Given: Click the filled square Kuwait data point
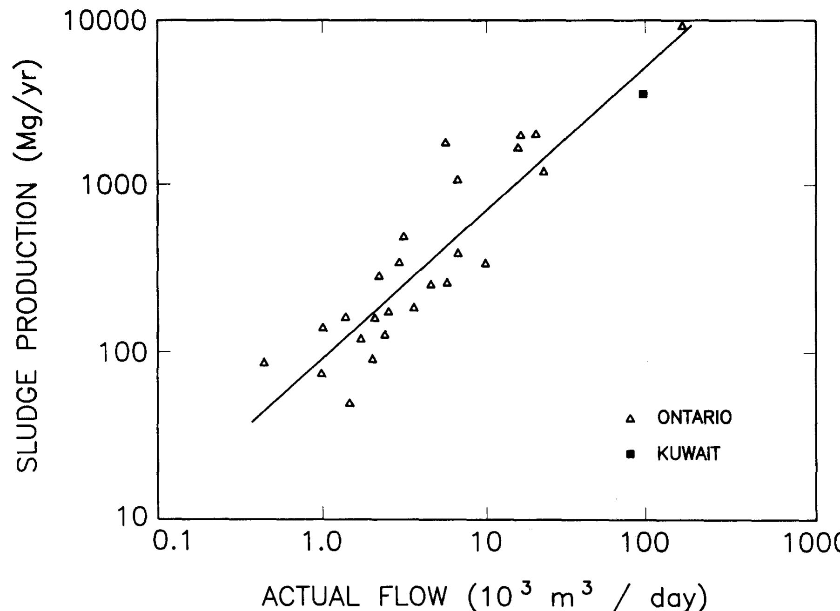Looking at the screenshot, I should point(643,94).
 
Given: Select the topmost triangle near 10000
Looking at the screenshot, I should point(682,26).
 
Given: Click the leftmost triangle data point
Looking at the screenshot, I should point(264,363).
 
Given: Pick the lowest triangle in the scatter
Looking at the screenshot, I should point(350,403).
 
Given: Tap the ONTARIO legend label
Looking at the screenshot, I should point(694,417).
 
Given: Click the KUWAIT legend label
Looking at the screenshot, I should point(688,453).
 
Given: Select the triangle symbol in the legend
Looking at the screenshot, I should point(630,419).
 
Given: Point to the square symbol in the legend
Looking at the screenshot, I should point(630,454).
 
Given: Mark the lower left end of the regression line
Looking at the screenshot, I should point(252,422).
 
